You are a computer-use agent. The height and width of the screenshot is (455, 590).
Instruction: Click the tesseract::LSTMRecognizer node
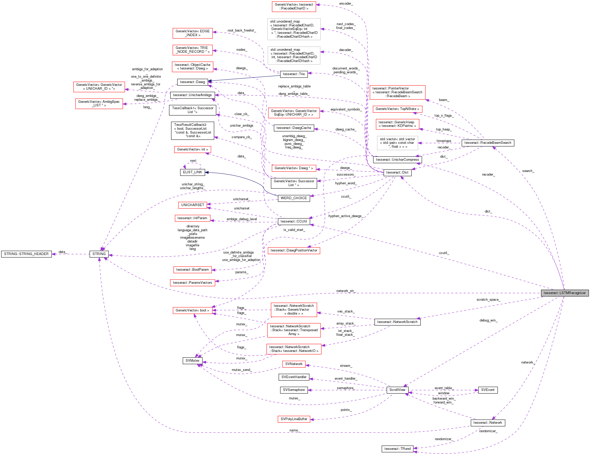[x=564, y=293]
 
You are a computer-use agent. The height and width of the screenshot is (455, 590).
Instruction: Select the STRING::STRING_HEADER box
[x=26, y=254]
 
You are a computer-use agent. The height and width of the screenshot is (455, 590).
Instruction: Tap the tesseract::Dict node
[x=397, y=172]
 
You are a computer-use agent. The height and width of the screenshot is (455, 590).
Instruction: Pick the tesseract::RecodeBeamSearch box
[x=488, y=143]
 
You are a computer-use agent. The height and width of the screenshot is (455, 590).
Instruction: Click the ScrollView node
[x=397, y=390]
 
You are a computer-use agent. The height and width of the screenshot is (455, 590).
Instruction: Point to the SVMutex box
[x=192, y=360]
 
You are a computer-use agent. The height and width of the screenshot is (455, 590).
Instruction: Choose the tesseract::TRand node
[x=397, y=449]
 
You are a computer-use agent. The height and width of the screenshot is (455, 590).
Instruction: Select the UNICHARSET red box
[x=192, y=205]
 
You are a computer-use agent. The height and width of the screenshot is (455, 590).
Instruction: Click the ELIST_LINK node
[x=192, y=172]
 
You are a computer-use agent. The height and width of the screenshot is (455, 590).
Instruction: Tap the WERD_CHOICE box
[x=294, y=198]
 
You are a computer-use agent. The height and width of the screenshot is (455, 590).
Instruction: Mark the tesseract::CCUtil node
[x=294, y=221]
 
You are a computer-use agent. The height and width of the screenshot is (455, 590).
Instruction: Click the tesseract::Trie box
[x=294, y=74]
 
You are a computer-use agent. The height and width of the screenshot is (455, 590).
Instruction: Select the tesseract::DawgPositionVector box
[x=294, y=250]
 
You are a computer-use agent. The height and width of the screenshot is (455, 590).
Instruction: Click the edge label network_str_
[x=345, y=291]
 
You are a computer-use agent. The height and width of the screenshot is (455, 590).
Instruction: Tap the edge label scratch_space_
[x=488, y=299]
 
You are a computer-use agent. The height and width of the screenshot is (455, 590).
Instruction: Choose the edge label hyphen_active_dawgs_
[x=346, y=216]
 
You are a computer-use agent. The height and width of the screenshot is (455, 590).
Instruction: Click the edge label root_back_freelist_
[x=242, y=31]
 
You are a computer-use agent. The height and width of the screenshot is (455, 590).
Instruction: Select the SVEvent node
[x=488, y=390]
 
